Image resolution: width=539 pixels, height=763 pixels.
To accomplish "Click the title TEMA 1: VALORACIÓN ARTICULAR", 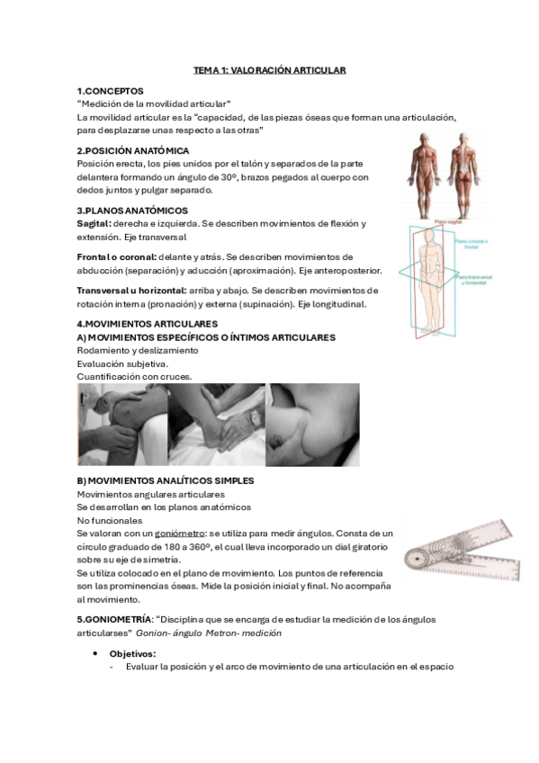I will pos(269,69).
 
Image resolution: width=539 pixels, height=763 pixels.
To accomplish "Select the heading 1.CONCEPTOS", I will pos(110,91).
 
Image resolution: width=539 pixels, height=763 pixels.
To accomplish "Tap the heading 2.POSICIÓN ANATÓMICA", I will pos(132,150).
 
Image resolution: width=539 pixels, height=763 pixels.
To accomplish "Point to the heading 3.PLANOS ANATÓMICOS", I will pos(131,210).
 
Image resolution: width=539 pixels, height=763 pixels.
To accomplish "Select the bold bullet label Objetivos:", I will pos(132,653).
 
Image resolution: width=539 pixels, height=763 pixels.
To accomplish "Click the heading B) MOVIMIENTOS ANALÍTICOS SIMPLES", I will pos(165,481).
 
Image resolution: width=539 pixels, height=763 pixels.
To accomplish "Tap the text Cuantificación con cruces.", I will pos(134,376).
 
